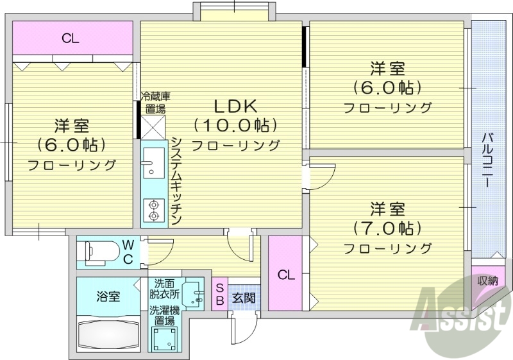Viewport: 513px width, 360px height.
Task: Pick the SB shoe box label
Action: point(219,295)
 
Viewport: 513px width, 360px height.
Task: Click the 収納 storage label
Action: point(488,280)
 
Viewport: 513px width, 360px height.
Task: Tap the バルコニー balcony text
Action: point(488,160)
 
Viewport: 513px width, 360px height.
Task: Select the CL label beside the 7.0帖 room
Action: point(286,275)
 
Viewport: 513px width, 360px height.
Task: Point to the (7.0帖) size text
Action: point(387,228)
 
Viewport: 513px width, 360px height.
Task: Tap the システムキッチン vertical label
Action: point(175,180)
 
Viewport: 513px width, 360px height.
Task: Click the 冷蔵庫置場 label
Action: point(155,101)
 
